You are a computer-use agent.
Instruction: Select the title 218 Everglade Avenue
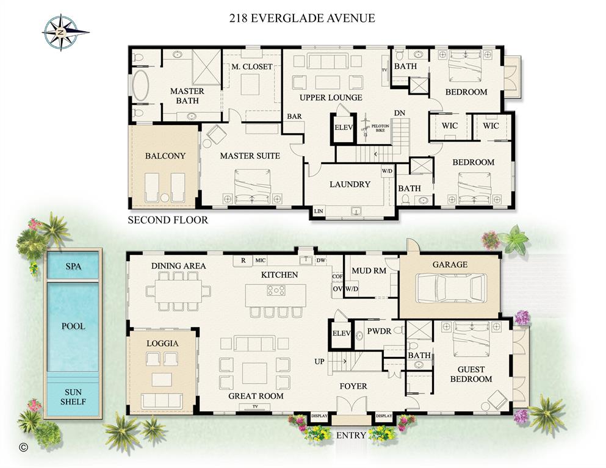click(302, 18)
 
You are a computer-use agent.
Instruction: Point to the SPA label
click(73, 266)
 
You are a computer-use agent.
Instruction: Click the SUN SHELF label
click(73, 397)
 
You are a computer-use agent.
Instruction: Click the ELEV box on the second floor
click(342, 128)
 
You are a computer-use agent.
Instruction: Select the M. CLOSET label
click(251, 67)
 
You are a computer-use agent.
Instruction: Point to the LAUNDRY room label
click(350, 184)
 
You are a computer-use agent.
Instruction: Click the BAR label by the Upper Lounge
click(295, 116)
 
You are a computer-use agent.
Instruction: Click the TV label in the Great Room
click(256, 406)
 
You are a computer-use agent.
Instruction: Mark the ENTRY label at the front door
click(352, 436)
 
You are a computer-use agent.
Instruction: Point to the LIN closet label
click(318, 211)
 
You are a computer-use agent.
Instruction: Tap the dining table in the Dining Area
click(178, 290)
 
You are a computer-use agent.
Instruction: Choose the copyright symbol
click(24, 447)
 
